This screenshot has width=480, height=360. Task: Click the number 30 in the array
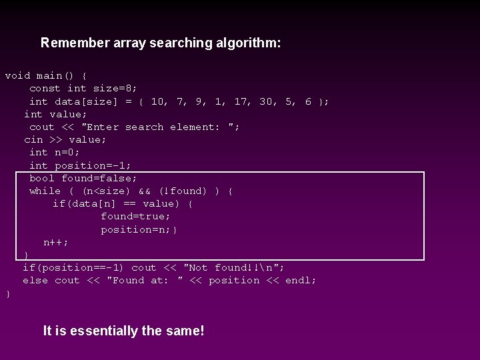click(266, 101)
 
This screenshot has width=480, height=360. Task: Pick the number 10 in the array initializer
click(158, 101)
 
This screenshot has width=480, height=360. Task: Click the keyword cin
click(33, 140)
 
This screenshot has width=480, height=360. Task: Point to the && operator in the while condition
click(144, 191)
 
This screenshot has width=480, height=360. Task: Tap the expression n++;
click(56, 243)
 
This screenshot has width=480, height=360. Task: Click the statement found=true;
click(135, 217)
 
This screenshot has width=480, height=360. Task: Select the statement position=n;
click(137, 229)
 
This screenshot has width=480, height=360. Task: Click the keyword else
click(35, 281)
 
